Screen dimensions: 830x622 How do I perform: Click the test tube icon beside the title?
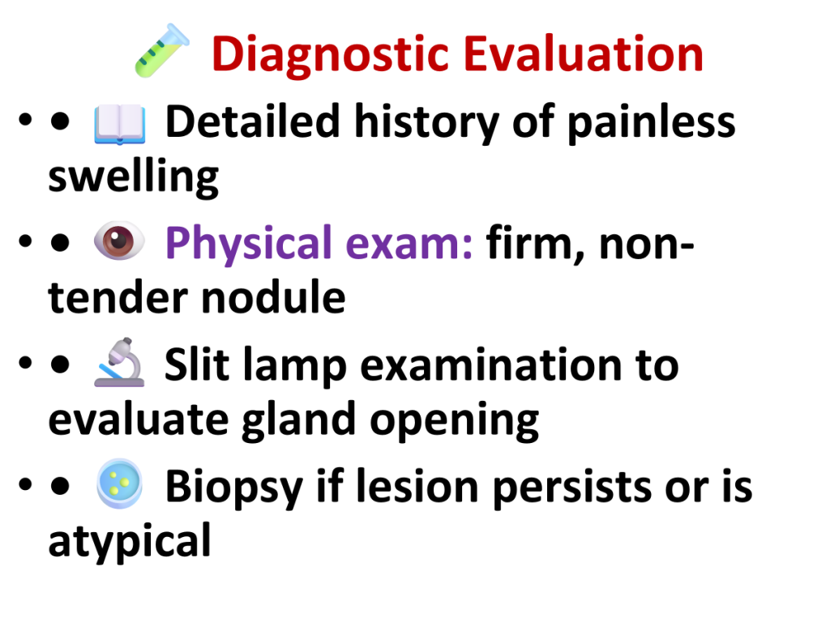(162, 51)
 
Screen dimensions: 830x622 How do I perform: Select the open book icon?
(120, 124)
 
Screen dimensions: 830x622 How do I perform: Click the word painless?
(652, 123)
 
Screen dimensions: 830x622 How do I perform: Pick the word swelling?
(134, 177)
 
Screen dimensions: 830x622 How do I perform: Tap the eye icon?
(119, 241)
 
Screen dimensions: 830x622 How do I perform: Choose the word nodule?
(273, 296)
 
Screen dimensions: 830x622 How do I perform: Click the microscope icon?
(120, 362)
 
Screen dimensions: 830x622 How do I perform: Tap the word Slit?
(197, 364)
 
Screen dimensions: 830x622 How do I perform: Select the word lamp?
(295, 366)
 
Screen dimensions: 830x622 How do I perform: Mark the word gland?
(298, 420)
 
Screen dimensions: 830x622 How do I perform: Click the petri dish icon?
(120, 484)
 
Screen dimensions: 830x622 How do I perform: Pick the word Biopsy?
(234, 488)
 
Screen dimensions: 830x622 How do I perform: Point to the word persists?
(572, 488)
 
